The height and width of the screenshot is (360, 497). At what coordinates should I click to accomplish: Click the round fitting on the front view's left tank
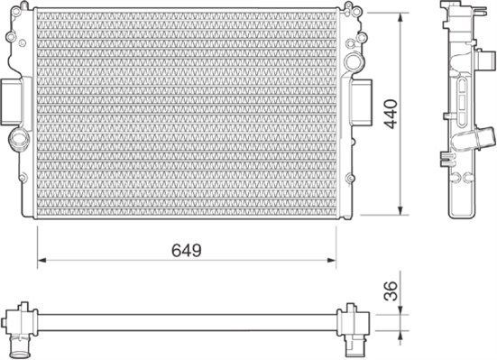(x=19, y=140)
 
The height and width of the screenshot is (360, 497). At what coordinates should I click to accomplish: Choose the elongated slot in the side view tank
(x=462, y=95)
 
